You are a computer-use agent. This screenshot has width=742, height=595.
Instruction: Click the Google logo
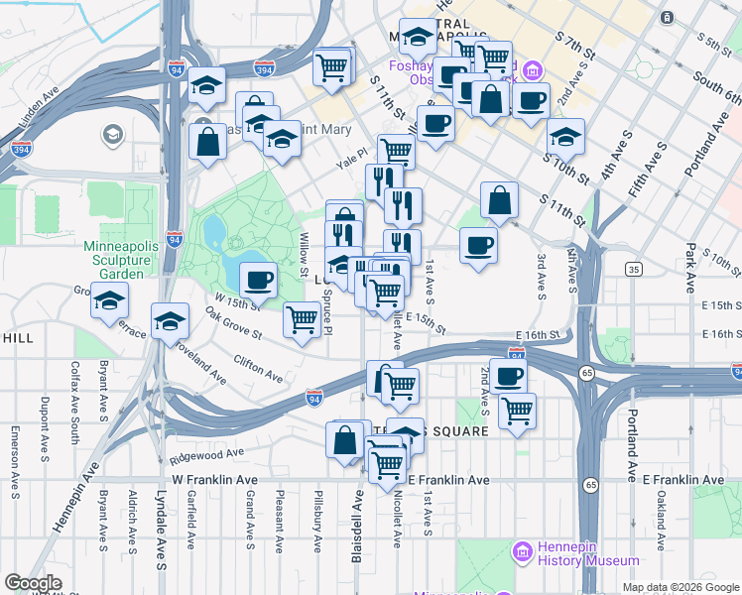coord(33,583)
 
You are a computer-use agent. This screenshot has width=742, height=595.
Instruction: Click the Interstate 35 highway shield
coord(633,269)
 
